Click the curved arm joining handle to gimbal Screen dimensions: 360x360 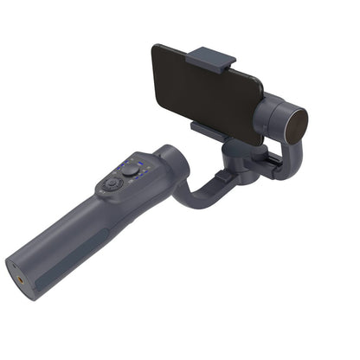[x=196, y=190]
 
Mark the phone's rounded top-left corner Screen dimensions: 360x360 [x=157, y=50]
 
